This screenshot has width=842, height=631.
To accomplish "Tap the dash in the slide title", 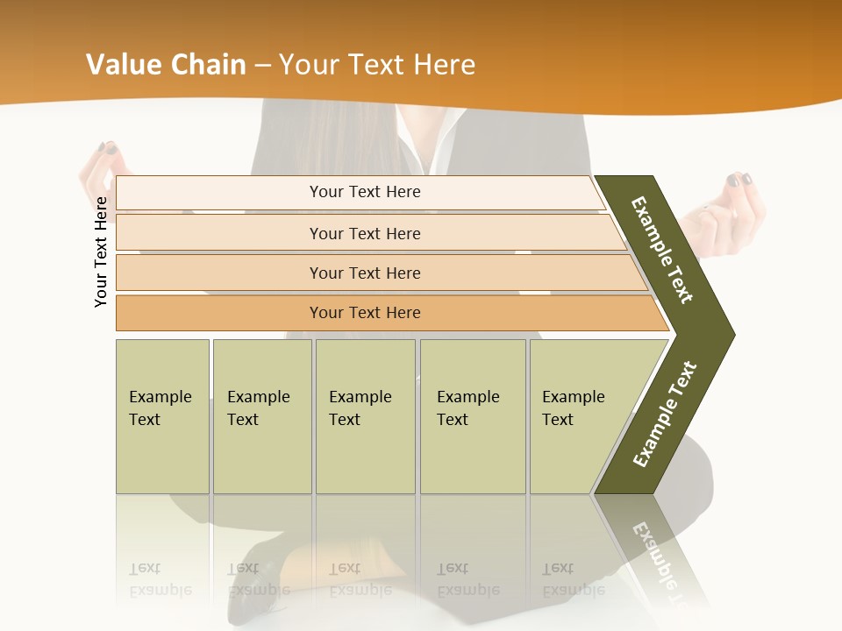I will [262, 66].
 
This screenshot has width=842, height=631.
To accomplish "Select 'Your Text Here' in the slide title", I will [376, 65].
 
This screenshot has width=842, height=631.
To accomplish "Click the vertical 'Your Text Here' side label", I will [101, 252].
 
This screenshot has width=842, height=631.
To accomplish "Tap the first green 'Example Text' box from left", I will [162, 416].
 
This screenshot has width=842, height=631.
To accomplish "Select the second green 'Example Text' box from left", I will [262, 416].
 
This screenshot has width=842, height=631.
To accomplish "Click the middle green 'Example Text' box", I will [365, 416].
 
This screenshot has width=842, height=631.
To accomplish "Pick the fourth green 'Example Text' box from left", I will [473, 416].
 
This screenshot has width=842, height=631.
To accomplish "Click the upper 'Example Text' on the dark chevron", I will [662, 250].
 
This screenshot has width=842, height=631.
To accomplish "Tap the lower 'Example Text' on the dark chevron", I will [665, 415].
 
